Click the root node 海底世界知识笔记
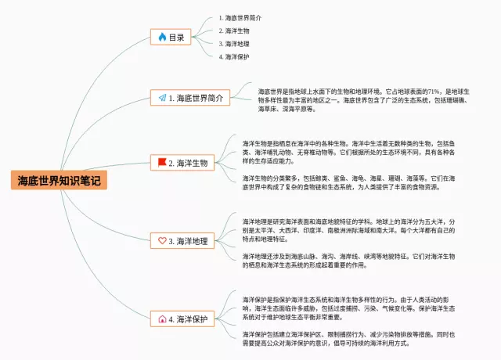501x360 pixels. pyautogui.click(x=59, y=181)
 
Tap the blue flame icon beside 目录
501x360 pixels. pyautogui.click(x=162, y=37)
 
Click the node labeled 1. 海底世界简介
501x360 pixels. pyautogui.click(x=190, y=98)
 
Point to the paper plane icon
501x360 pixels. pyautogui.click(x=162, y=98)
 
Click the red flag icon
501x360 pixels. pyautogui.click(x=162, y=163)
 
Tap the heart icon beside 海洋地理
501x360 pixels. pyautogui.click(x=162, y=241)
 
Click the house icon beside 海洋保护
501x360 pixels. pyautogui.click(x=162, y=319)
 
